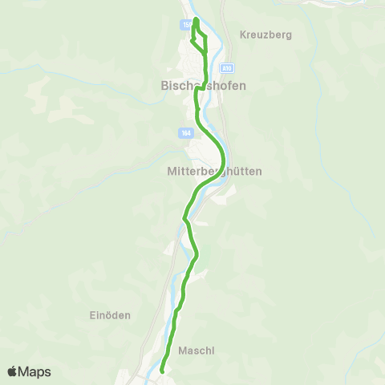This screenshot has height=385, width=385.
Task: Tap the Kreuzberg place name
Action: click(x=265, y=35)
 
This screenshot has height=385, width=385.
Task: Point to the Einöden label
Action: click(x=110, y=315)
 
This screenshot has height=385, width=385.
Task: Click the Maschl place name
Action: click(x=197, y=351)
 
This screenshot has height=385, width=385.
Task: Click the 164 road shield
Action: click(x=186, y=133)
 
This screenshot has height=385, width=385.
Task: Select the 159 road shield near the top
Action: click(x=187, y=26)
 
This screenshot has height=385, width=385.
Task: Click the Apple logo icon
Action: click(x=13, y=371)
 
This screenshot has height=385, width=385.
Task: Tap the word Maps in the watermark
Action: click(x=35, y=372)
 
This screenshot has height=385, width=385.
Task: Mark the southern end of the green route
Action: click(x=162, y=371)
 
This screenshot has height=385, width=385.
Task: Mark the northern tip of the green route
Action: click(x=196, y=17)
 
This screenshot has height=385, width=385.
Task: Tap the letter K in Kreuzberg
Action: click(x=243, y=35)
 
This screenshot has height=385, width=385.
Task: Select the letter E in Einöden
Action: click(x=92, y=315)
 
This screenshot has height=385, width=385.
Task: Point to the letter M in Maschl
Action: click(x=183, y=351)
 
